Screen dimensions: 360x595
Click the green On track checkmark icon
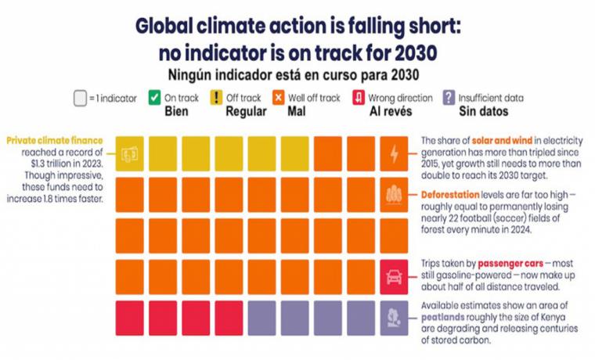click(x=154, y=99)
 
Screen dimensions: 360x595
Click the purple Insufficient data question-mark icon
click(x=449, y=99)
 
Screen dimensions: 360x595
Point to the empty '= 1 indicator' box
click(x=80, y=99)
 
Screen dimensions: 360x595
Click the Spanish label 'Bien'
click(x=177, y=111)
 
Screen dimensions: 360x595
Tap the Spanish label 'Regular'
click(x=245, y=111)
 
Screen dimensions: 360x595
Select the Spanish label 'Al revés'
click(x=390, y=111)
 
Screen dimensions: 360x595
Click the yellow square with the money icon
click(x=130, y=153)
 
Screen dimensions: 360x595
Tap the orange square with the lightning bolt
click(x=393, y=153)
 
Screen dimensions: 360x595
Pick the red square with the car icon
click(x=393, y=277)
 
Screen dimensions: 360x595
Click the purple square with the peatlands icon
click(x=393, y=319)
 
